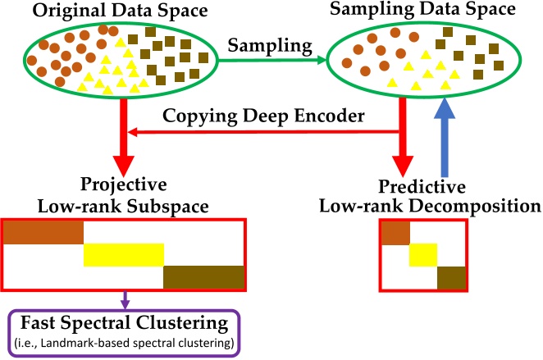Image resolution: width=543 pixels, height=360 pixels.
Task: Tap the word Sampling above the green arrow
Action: (270, 42)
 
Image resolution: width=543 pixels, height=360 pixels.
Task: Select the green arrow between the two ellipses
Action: (271, 59)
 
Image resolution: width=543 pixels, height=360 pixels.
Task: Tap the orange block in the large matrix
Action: (44, 234)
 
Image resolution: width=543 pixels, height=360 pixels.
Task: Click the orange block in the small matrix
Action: (395, 234)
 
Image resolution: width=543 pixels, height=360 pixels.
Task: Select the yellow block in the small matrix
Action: (422, 256)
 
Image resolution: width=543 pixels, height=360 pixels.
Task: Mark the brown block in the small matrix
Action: (450, 279)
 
